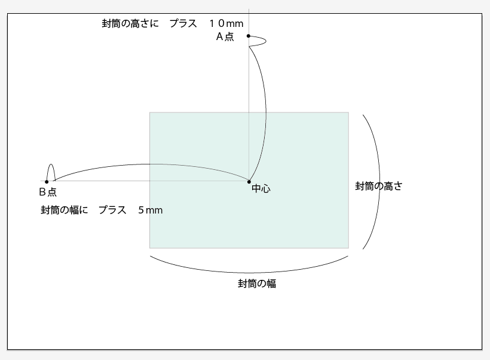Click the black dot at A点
(x=249, y=36)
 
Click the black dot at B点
(x=47, y=182)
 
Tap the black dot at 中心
(x=249, y=181)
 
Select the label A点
(x=225, y=36)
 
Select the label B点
(x=48, y=192)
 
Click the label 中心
(x=261, y=189)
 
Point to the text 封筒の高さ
(x=378, y=186)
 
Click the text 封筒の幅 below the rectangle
(x=257, y=284)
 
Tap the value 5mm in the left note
(x=150, y=210)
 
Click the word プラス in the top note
(x=183, y=23)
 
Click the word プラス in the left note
(x=112, y=210)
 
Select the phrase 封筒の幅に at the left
(x=64, y=210)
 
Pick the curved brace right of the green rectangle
(x=379, y=179)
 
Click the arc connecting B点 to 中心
(x=149, y=164)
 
